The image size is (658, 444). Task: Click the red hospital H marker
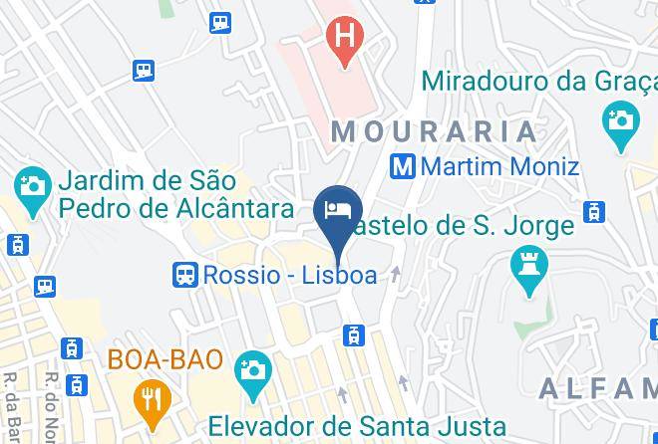(344, 41)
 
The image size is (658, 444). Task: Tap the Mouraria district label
(435, 130)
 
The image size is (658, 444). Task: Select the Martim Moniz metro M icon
(403, 165)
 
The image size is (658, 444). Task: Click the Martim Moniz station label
(498, 165)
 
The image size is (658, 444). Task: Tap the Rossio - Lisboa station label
(289, 275)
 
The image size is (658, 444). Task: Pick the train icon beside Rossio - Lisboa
(184, 275)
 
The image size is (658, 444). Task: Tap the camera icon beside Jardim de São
(33, 186)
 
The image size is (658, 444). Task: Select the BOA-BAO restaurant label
(165, 359)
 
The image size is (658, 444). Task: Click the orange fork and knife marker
(153, 400)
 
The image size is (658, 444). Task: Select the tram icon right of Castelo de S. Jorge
(595, 211)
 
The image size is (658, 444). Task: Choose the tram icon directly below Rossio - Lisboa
(353, 336)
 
